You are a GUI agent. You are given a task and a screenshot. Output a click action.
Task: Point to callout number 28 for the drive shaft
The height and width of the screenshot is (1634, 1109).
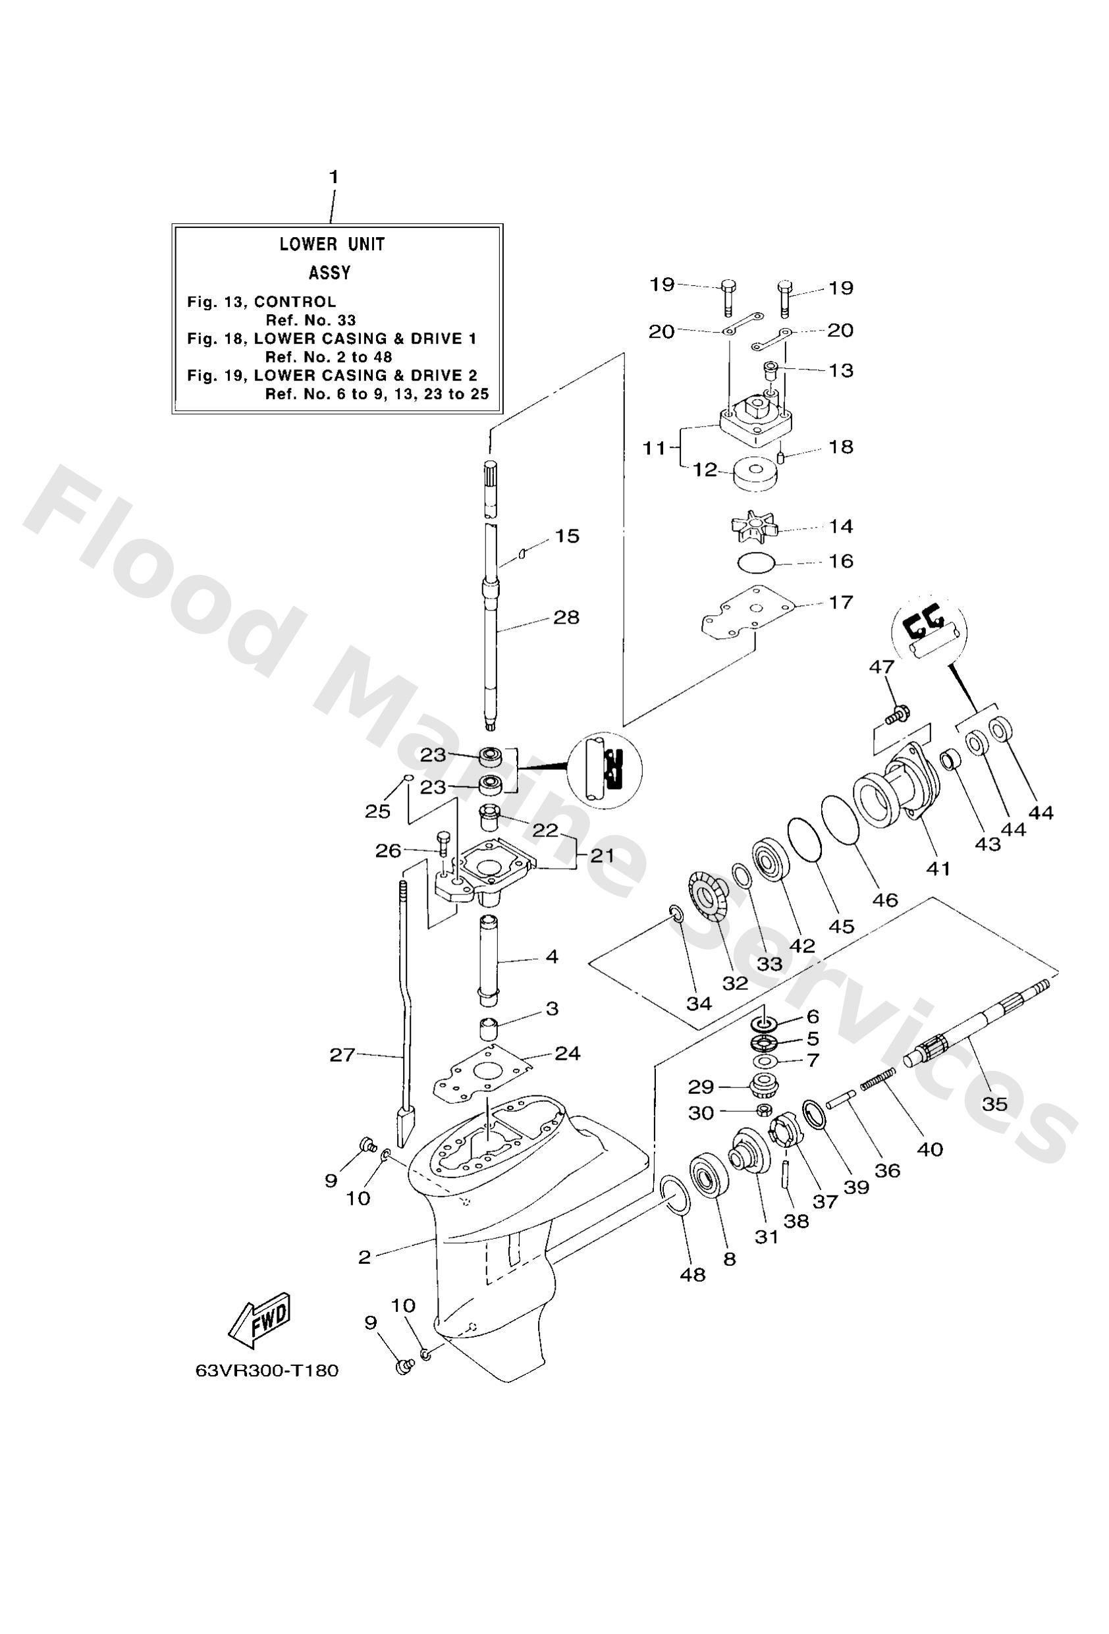pos(566,617)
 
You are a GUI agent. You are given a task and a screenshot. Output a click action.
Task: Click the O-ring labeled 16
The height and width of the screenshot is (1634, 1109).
pos(757,562)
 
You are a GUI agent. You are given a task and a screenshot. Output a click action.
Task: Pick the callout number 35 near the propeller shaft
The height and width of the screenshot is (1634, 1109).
pos(995,1103)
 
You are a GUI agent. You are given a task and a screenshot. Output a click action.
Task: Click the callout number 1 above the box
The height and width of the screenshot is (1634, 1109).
pos(334,177)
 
